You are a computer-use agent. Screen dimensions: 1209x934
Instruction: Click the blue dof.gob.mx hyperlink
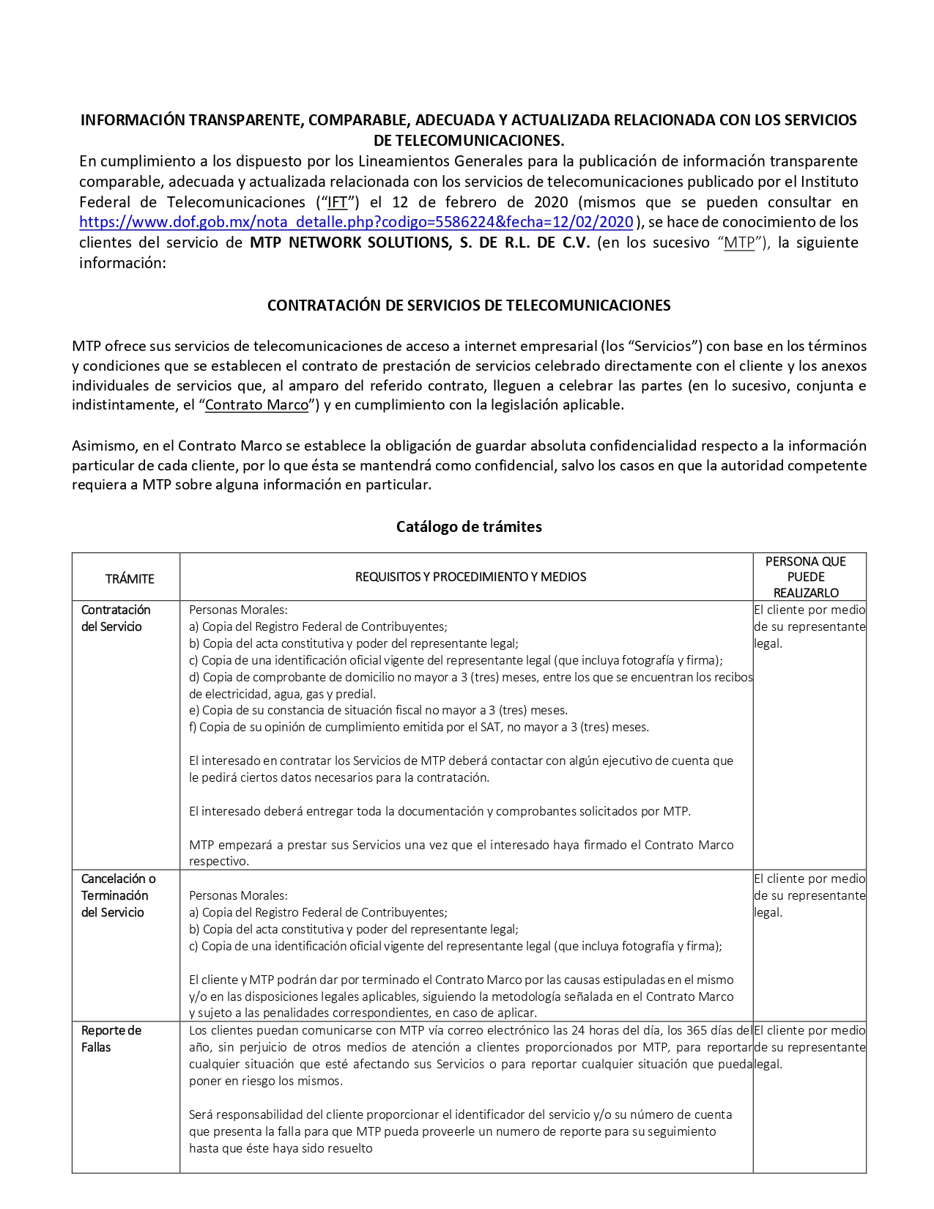click(356, 222)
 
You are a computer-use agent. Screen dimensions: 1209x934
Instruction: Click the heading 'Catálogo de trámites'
click(469, 526)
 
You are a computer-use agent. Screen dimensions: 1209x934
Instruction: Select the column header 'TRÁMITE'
click(130, 579)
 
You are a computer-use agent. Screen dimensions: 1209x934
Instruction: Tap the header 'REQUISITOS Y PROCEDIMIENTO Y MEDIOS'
click(470, 577)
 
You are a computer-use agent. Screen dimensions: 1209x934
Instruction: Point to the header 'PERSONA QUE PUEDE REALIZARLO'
click(805, 577)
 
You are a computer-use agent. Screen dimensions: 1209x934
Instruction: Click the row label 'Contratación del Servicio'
click(116, 618)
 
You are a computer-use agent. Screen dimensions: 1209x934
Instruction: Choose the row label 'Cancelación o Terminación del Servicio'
click(118, 895)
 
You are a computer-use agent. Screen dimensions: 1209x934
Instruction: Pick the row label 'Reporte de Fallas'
click(111, 1038)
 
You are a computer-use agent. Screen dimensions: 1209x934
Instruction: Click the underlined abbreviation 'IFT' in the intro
click(337, 202)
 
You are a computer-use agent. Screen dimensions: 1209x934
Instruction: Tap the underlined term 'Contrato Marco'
click(256, 404)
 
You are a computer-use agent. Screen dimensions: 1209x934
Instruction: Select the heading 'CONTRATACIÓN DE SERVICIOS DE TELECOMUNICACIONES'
click(469, 306)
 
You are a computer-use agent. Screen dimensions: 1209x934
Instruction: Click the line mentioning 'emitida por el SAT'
click(418, 727)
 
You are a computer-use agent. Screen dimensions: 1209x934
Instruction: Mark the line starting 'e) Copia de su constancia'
click(378, 710)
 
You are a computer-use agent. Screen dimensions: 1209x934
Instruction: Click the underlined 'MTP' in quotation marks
click(739, 243)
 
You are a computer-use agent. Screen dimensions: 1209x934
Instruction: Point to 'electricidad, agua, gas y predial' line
click(282, 694)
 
